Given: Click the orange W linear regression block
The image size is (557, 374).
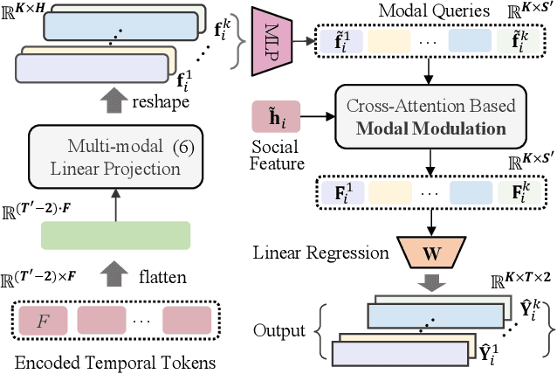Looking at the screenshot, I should tap(431, 255).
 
